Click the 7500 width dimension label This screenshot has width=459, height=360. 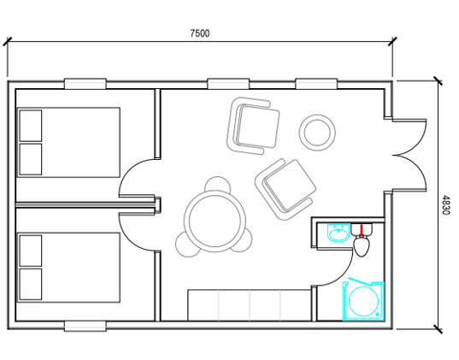click(200, 33)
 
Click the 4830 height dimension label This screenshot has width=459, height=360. click(445, 205)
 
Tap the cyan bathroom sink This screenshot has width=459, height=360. click(338, 233)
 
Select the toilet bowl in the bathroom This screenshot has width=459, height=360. click(362, 245)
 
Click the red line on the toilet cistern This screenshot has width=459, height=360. click(362, 230)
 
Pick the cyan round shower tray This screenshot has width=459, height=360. click(363, 301)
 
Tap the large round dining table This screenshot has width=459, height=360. click(215, 221)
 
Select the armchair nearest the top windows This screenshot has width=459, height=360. click(253, 126)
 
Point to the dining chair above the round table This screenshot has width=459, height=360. click(217, 184)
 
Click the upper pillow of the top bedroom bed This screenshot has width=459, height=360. click(31, 126)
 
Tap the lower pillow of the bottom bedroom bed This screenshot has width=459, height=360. click(31, 284)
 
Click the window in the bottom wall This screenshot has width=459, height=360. click(85, 326)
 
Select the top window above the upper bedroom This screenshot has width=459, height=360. click(85, 84)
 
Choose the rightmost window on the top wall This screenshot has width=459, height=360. click(316, 84)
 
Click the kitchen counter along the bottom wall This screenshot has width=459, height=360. click(250, 305)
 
